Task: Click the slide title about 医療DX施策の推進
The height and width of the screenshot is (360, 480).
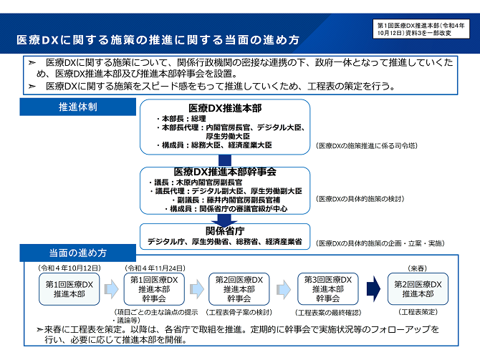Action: [158, 40]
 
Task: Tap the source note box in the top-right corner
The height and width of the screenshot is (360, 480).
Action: [421, 29]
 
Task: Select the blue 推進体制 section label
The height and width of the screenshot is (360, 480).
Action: [78, 107]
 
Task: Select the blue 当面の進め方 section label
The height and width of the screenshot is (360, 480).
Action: [78, 253]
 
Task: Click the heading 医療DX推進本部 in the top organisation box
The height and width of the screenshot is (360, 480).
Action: [225, 108]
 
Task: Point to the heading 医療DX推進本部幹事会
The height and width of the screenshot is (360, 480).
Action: [225, 172]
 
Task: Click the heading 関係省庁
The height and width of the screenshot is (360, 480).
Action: [225, 231]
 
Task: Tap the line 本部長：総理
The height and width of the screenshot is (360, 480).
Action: [181, 118]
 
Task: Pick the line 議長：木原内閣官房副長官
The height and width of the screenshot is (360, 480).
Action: [196, 183]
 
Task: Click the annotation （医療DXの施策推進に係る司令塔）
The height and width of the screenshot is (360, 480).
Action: [367, 145]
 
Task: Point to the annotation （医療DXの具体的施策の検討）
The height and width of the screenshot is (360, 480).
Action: [360, 199]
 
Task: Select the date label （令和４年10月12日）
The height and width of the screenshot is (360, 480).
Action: [69, 268]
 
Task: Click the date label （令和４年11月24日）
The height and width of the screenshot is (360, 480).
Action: [155, 268]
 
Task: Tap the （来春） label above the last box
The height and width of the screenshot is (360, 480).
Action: [418, 268]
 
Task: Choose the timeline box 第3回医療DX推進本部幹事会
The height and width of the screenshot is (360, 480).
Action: [328, 288]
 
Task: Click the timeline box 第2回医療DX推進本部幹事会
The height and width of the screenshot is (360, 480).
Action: [239, 288]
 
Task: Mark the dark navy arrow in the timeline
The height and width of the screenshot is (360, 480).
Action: [373, 288]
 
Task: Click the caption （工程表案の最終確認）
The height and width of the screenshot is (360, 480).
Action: [328, 313]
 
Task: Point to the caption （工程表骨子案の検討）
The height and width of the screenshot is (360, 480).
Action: [239, 312]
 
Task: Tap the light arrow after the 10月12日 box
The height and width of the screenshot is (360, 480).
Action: [112, 288]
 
